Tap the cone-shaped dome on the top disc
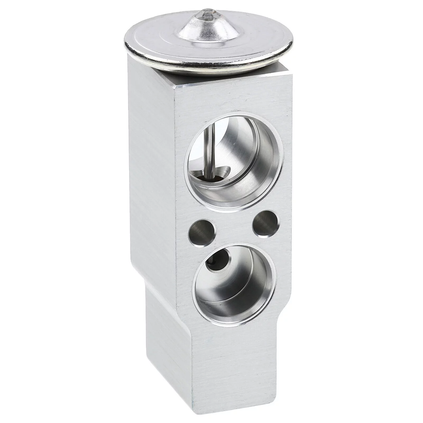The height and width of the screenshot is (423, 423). pos(204,29)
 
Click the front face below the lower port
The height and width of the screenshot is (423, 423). pos(233,357)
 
